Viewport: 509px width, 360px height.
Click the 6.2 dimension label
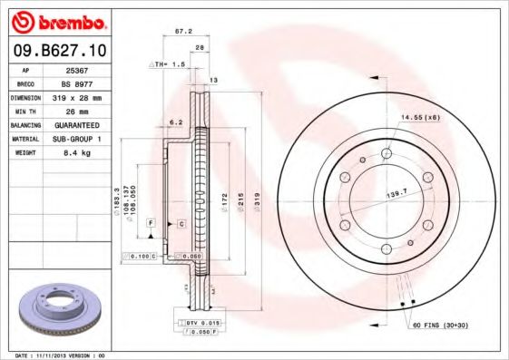click(x=176, y=122)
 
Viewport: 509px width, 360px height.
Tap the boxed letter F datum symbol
click(x=150, y=222)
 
